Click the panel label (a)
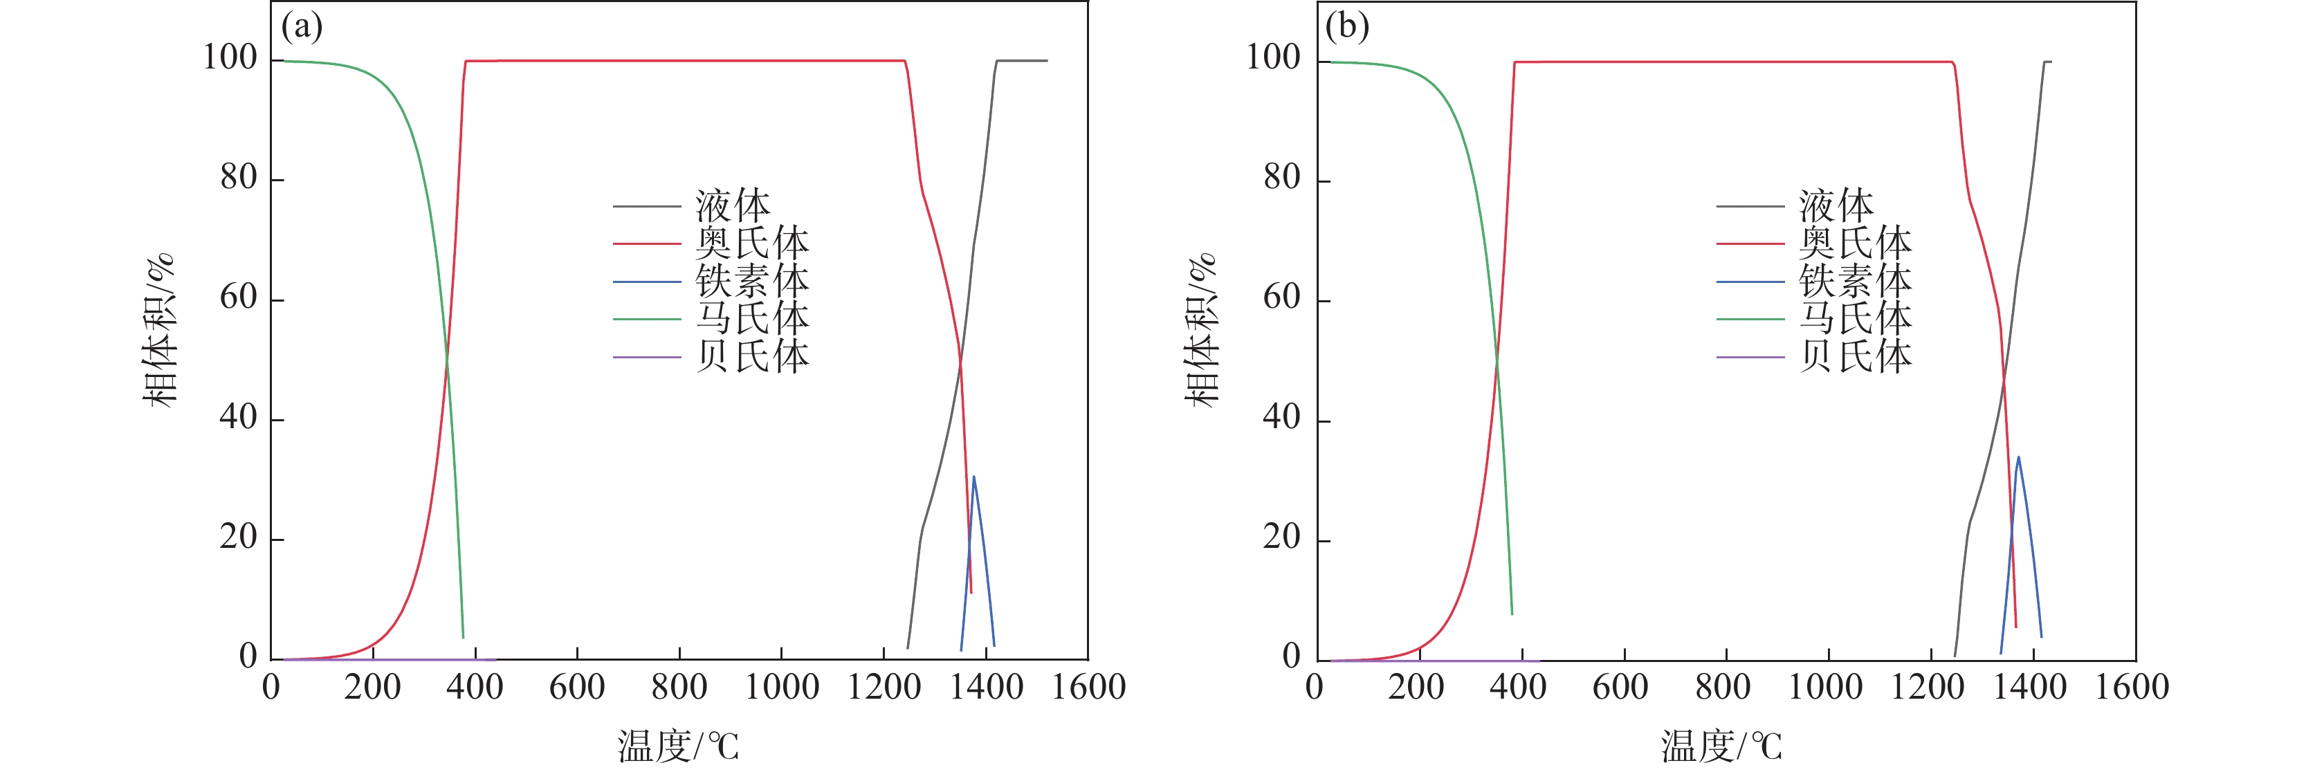click(x=302, y=27)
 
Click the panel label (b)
click(x=1346, y=27)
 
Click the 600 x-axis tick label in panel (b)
click(x=1620, y=688)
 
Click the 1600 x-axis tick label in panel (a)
click(x=1088, y=688)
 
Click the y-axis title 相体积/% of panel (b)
click(x=1202, y=330)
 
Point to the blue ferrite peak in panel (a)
click(x=973, y=477)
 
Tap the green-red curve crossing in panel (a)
click(x=447, y=361)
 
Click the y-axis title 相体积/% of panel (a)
click(x=160, y=330)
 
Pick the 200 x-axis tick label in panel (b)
click(x=1416, y=688)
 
